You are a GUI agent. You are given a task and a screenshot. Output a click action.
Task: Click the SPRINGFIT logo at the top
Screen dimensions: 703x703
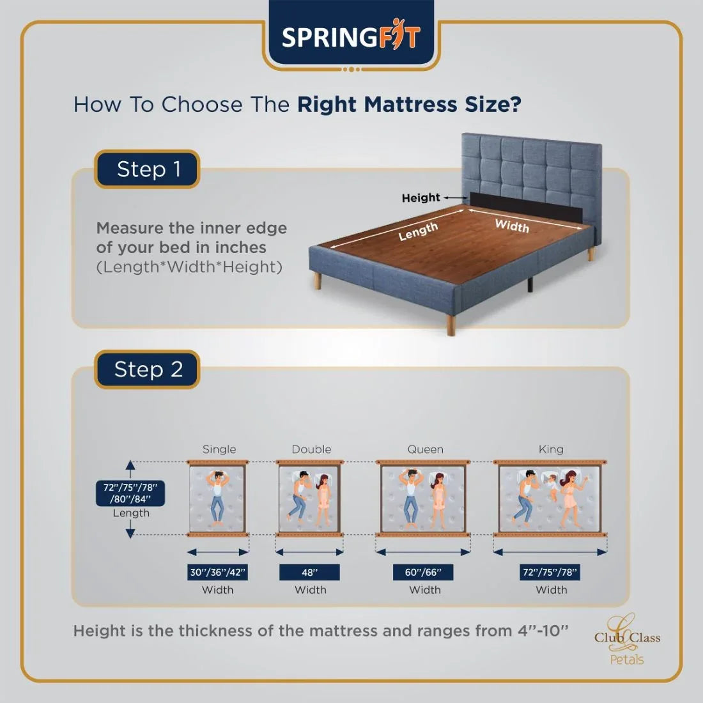coord(351,37)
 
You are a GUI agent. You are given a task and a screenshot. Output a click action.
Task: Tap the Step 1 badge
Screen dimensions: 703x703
coord(148,169)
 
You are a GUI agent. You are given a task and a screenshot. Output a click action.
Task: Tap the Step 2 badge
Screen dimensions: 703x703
coord(148,369)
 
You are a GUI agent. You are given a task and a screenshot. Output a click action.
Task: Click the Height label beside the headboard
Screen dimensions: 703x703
coord(421,198)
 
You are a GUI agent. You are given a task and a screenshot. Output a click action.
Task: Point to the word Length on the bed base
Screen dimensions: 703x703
coord(418,231)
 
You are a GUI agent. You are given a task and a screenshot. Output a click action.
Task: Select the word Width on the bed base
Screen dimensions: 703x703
coord(512,226)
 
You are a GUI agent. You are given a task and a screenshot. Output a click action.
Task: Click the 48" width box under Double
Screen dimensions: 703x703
coord(309,572)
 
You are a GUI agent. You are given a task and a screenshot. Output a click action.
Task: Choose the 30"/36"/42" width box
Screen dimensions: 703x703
coord(218,572)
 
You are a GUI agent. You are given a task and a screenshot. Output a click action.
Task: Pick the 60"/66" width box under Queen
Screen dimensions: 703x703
coord(423,572)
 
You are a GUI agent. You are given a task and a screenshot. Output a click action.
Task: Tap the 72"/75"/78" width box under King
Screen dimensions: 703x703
coord(550,572)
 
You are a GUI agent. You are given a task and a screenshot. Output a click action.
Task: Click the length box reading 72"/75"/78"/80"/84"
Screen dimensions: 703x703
coord(130,493)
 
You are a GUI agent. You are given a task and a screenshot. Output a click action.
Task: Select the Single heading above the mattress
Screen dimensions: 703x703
coord(219,449)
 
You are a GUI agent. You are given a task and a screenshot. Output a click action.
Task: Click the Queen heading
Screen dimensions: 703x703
coord(425,449)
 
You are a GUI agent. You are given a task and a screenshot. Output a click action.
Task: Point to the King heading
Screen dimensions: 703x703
coord(551,449)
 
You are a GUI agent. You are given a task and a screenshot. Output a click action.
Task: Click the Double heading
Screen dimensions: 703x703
coord(311,449)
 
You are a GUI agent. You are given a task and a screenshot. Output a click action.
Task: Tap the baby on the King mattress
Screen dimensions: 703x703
coord(548,488)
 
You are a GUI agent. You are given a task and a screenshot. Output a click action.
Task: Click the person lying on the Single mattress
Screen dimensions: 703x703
coord(218,496)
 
